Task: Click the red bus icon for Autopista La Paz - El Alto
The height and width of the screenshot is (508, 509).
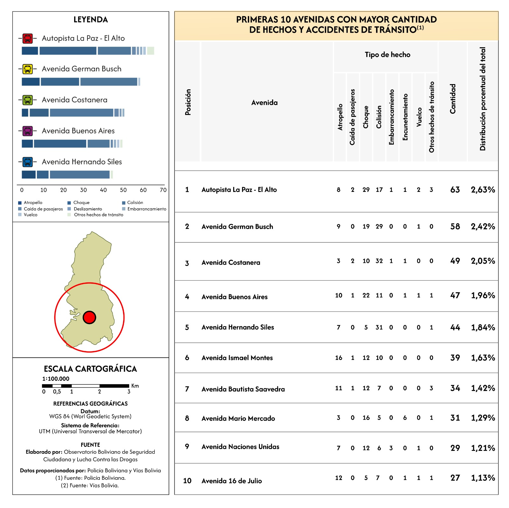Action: tap(28, 38)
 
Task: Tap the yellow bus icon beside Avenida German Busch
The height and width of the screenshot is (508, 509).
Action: tap(28, 69)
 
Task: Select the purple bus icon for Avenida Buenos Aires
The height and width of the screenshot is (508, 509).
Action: tap(28, 131)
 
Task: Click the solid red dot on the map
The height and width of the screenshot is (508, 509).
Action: tap(89, 317)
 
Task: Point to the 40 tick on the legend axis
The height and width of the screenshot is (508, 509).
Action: tap(103, 190)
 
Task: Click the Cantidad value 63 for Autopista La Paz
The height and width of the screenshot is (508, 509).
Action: tap(455, 190)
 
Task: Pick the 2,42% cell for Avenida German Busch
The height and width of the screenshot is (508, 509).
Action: tap(483, 227)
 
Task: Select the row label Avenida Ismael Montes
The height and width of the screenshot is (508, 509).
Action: tap(237, 358)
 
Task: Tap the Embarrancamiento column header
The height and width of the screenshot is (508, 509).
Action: tap(392, 117)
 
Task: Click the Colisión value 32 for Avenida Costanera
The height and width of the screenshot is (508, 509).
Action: tap(379, 261)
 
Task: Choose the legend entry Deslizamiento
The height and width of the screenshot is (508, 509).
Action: tap(88, 209)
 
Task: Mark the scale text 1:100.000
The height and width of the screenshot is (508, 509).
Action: tap(56, 379)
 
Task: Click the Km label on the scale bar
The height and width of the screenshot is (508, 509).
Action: tap(135, 386)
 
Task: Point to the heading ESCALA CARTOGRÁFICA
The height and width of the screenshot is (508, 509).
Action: tap(90, 369)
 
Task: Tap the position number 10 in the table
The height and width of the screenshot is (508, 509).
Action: tap(187, 481)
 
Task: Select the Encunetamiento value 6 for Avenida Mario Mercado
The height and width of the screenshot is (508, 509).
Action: tap(405, 418)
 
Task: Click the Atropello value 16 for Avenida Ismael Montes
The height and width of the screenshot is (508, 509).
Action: tap(338, 358)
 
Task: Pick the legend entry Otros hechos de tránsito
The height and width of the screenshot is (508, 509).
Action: tap(99, 215)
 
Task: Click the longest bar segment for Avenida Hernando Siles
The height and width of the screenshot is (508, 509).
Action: tap(80, 174)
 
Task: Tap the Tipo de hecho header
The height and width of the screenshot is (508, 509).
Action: tap(387, 55)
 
